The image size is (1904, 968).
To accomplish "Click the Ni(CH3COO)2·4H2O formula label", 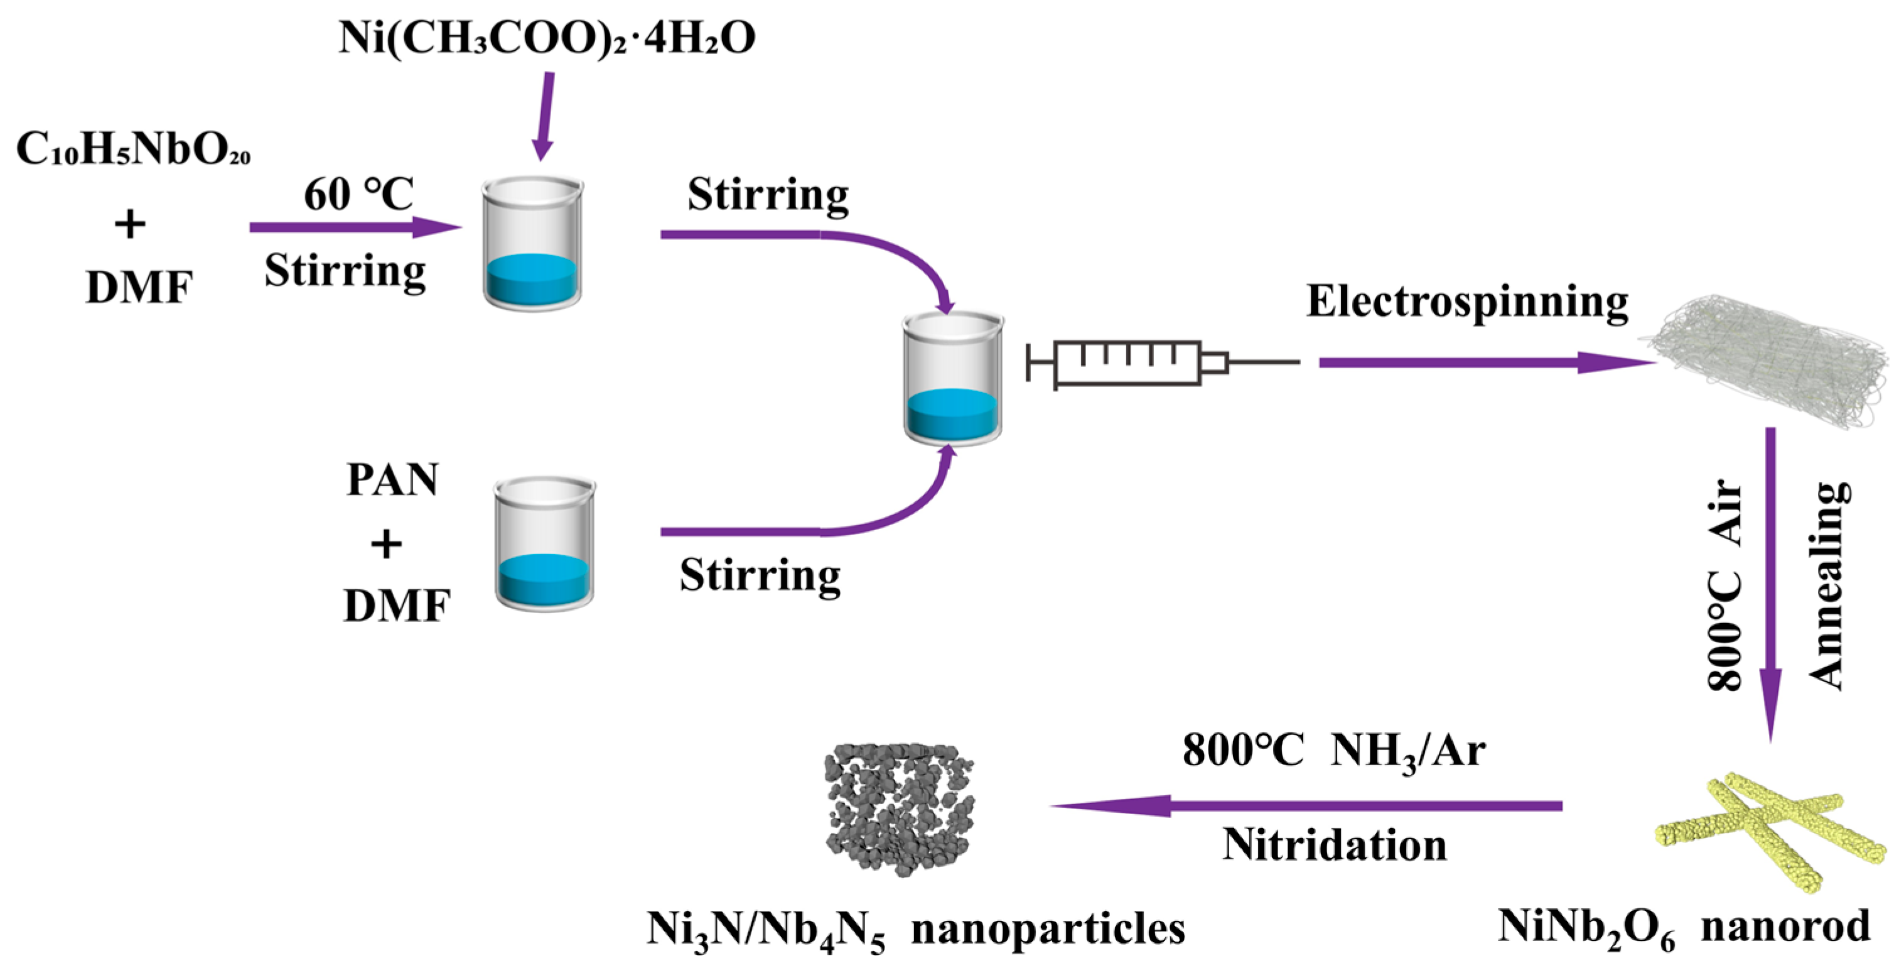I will [547, 38].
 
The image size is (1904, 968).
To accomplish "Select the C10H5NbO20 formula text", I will [133, 150].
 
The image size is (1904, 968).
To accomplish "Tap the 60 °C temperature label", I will [358, 195].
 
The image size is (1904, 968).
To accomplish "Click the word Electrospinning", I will [1467, 302].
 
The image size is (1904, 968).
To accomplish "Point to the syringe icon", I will [1161, 362].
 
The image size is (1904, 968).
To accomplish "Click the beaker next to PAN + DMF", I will [545, 543].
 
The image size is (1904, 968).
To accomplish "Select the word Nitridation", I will [1334, 844].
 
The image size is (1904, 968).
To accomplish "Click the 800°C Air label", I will [1726, 584].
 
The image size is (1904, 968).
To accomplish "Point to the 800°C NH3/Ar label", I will [1334, 751].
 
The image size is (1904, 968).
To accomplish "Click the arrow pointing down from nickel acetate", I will [546, 114].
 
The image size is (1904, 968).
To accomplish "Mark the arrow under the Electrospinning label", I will [1486, 362].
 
